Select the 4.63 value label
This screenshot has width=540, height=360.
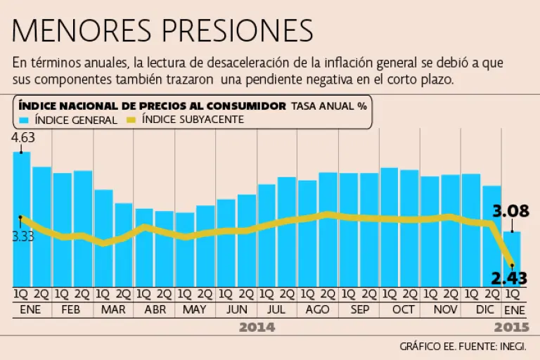[x=23, y=138]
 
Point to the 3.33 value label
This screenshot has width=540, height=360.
[x=23, y=236]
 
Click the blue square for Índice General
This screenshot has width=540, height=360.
[x=24, y=120]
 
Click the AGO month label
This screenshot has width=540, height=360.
[x=319, y=309]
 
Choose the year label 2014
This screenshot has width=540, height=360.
[x=257, y=327]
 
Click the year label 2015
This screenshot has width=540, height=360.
[x=511, y=327]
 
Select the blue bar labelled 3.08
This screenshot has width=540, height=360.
[x=511, y=257]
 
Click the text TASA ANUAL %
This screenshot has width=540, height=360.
[x=329, y=105]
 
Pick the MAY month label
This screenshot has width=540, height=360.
[x=195, y=309]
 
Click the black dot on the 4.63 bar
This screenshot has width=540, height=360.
[x=22, y=152]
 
